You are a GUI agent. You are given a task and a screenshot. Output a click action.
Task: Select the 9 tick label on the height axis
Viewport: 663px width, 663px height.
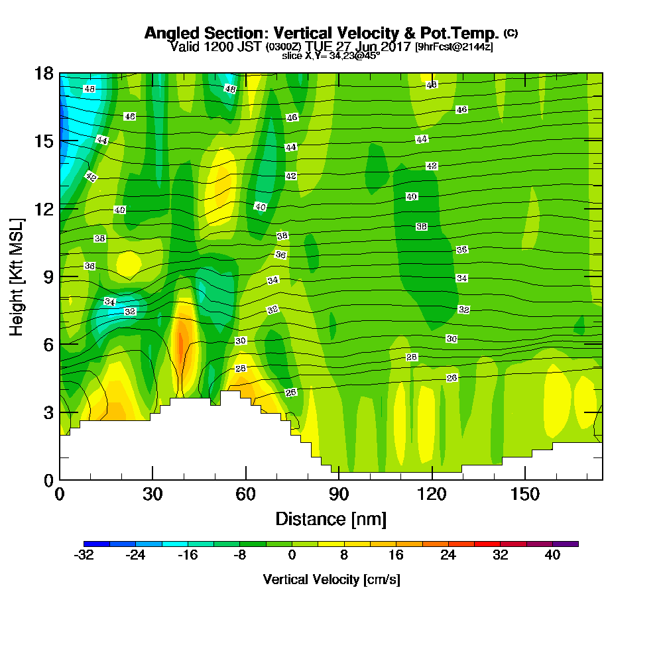(x=47, y=276)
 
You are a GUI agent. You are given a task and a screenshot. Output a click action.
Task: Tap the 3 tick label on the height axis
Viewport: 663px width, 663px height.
(x=47, y=412)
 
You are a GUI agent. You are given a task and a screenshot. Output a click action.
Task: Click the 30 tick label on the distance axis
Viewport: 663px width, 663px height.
(x=152, y=495)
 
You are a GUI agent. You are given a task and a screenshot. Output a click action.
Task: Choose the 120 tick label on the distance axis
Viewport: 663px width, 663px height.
(x=432, y=495)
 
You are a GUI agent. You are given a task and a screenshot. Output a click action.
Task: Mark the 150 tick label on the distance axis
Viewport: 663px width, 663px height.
(x=524, y=495)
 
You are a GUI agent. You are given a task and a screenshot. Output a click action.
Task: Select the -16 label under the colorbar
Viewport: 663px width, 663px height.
(x=188, y=556)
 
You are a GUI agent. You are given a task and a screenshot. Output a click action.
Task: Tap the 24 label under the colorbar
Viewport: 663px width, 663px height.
(x=448, y=556)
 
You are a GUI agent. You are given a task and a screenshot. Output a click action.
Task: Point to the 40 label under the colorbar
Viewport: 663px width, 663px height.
(x=552, y=556)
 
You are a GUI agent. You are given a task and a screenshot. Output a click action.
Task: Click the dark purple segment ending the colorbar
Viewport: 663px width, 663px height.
(x=572, y=544)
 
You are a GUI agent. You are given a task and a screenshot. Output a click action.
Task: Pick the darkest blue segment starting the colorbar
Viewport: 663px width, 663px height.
(x=90, y=544)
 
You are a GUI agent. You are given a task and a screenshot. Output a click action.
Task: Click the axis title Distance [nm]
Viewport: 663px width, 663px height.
(x=331, y=518)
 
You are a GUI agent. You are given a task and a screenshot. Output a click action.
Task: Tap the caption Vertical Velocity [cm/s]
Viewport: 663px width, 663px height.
(x=331, y=579)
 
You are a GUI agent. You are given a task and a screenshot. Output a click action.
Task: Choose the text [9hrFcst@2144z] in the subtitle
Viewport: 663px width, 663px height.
(x=454, y=47)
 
